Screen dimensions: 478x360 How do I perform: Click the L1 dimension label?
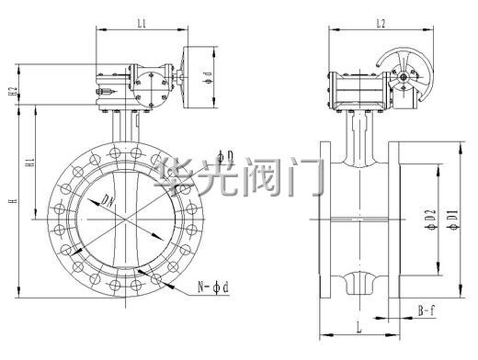tap(142, 23)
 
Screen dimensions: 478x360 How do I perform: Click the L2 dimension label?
tap(381, 23)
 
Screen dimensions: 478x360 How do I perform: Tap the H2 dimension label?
tap(13, 92)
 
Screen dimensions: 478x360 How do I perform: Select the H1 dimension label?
tap(29, 163)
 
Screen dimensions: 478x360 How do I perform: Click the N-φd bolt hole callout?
tap(213, 287)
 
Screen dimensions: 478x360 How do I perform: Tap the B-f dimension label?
tap(427, 311)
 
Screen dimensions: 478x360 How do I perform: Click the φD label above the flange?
tap(225, 156)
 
